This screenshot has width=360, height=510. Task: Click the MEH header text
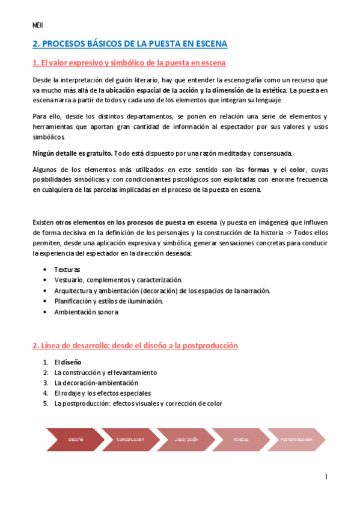pyautogui.click(x=37, y=25)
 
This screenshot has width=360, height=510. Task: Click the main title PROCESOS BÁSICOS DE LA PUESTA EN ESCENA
pyautogui.click(x=130, y=44)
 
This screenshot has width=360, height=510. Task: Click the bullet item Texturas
pyautogui.click(x=67, y=270)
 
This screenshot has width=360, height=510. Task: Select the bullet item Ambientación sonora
pyautogui.click(x=86, y=312)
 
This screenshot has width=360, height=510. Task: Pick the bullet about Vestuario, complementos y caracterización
pyautogui.click(x=118, y=280)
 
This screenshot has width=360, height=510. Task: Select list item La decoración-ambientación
pyautogui.click(x=96, y=382)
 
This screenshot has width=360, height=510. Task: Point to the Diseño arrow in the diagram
pyautogui.click(x=75, y=439)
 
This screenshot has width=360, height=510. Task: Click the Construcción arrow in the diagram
pyautogui.click(x=130, y=439)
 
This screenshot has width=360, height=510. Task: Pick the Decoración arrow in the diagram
pyautogui.click(x=186, y=439)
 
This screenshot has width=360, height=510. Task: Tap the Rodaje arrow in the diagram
pyautogui.click(x=241, y=439)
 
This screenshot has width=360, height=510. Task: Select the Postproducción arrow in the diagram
pyautogui.click(x=296, y=439)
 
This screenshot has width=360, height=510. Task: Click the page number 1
pyautogui.click(x=326, y=477)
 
